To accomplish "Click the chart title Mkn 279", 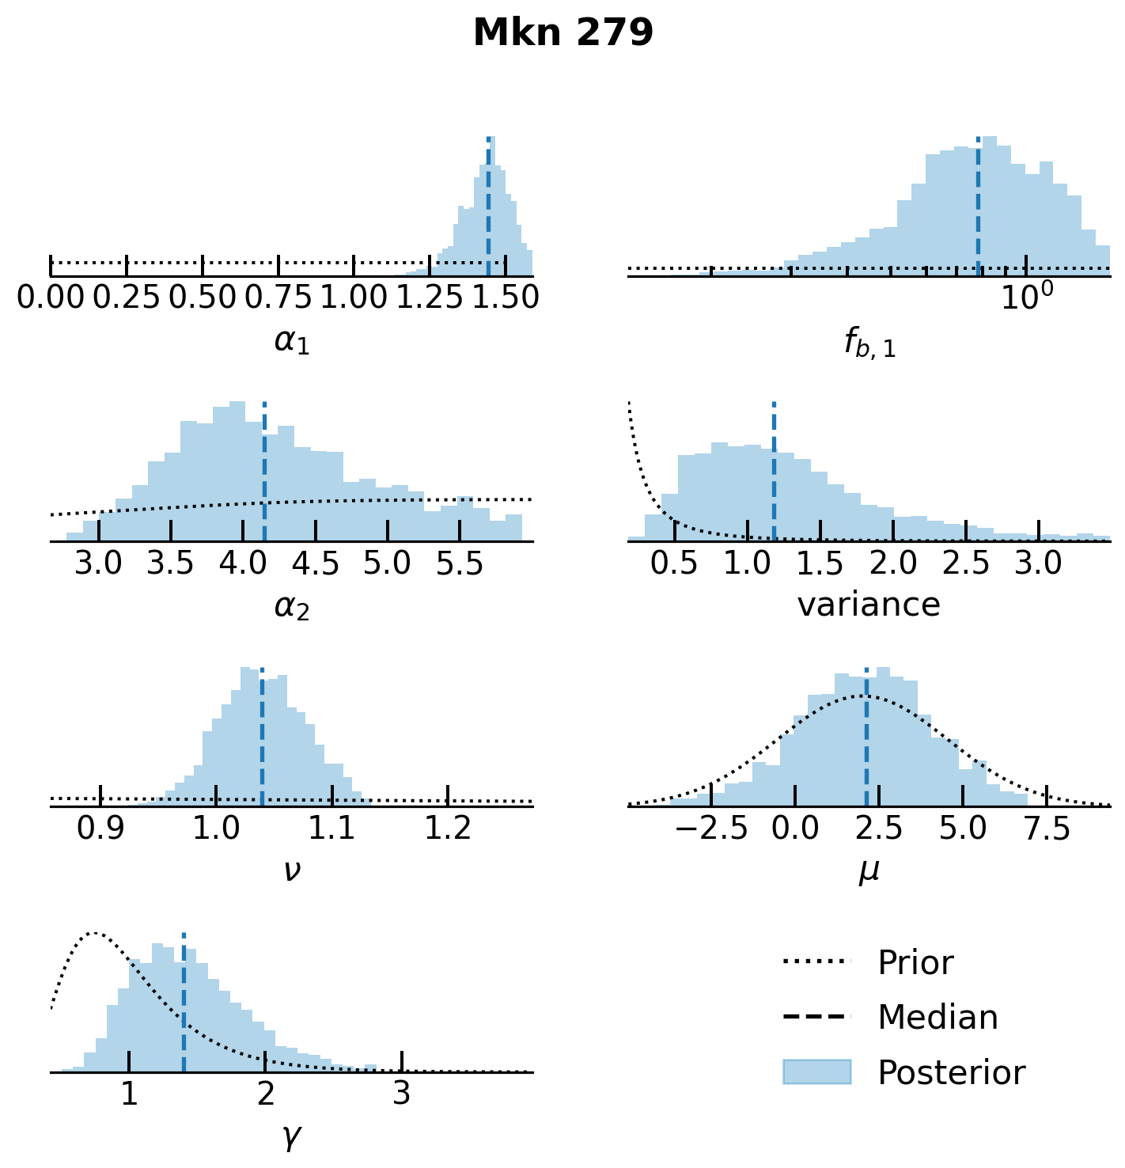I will [562, 33].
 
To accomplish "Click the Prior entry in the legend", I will [915, 963].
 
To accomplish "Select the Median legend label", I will [937, 1018].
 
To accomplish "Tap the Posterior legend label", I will [951, 1073].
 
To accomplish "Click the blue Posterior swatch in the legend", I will [816, 1072].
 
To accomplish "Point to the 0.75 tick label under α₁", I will [278, 297].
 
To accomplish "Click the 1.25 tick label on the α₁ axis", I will [430, 297].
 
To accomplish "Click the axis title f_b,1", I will [869, 343].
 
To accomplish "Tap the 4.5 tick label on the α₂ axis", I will [315, 563].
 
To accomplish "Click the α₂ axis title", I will [291, 607].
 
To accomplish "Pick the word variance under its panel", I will [869, 605].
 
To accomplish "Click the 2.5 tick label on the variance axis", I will [966, 563].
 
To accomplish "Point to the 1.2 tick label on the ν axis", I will [448, 828].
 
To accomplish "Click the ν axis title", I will [291, 871].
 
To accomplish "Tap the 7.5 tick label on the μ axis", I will [1047, 828].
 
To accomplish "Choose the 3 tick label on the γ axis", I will [402, 1094].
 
